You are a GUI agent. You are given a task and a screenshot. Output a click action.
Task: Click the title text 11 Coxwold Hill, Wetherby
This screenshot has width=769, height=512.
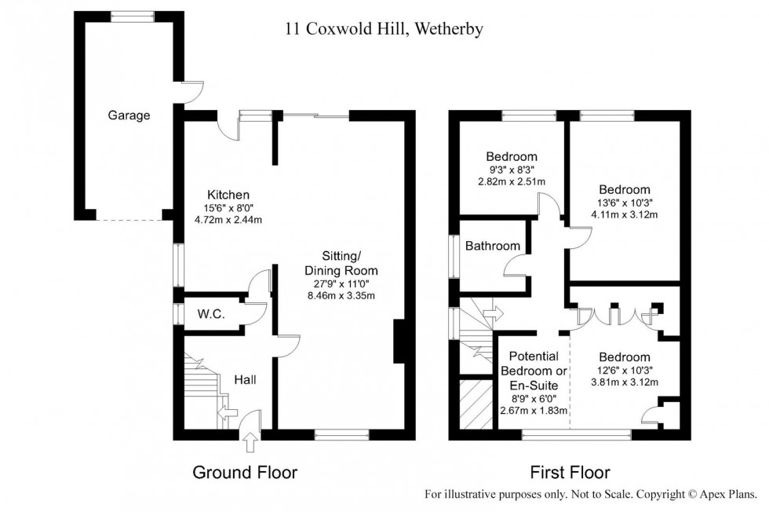coord(383,30)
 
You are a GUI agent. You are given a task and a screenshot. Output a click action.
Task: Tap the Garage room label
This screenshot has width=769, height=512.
coord(129,115)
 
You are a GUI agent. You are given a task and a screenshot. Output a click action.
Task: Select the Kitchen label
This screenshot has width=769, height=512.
coord(228,195)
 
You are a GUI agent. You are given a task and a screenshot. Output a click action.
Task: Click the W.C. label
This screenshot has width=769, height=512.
coord(211,314)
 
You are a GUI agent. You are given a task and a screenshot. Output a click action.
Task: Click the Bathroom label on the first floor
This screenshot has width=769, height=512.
coord(493,246)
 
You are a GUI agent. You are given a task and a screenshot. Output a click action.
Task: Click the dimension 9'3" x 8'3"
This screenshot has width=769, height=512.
coord(511,169)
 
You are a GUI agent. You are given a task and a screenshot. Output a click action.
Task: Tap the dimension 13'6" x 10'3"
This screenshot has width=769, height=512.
coord(625,203)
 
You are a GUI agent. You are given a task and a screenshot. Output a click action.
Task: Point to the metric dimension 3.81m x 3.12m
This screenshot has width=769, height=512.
coord(625,382)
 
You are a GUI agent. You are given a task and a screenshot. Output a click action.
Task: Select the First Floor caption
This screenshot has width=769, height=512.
coord(569,473)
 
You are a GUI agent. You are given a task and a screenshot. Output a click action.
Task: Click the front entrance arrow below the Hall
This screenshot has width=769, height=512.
coord(250,444)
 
